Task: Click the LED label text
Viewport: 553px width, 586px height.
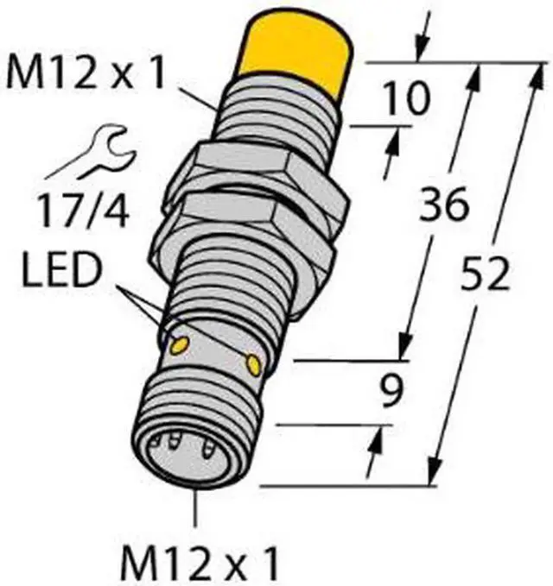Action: (62, 270)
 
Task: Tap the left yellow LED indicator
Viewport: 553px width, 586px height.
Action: (179, 345)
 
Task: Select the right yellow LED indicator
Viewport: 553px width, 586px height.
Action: (253, 363)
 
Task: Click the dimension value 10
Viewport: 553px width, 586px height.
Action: (406, 98)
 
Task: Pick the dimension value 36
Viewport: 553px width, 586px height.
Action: (444, 205)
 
